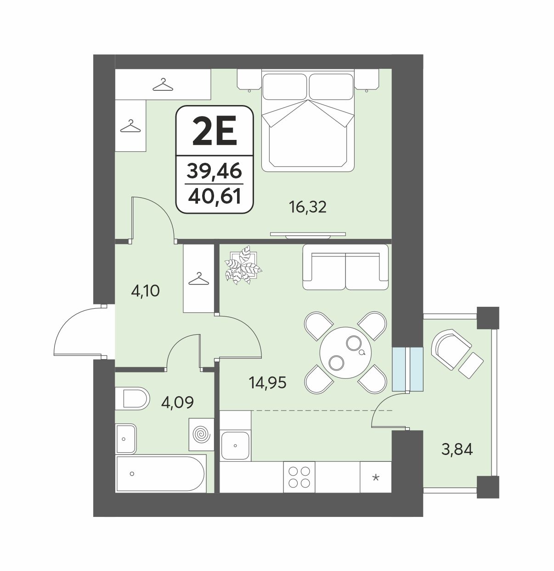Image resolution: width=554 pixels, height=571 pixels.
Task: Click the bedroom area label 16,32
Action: coord(308,207)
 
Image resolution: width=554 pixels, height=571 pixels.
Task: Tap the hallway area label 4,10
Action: coord(146,291)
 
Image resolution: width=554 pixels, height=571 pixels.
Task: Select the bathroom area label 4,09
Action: coord(177,402)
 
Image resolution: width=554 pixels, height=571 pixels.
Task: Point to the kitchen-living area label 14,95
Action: coord(267,383)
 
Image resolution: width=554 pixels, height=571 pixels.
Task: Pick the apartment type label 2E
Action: coord(215,131)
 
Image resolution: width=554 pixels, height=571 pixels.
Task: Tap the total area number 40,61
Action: coord(215,196)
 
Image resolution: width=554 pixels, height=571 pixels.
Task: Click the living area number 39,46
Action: coord(215,171)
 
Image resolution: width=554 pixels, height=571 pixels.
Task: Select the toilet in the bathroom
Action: coord(132,399)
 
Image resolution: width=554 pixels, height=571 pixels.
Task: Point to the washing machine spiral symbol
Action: coord(201,435)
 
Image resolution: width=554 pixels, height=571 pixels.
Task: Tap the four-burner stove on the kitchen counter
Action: coord(299,477)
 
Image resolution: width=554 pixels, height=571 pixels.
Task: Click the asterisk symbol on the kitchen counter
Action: coord(376,477)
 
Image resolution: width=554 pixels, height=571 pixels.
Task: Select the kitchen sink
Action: coord(235,445)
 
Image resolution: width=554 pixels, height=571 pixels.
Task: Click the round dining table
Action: coord(345,352)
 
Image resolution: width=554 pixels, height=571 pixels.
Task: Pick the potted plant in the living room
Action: coord(243,265)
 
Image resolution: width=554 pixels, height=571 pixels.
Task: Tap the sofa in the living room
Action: coord(345,267)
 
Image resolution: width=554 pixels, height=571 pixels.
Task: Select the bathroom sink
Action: coord(126,439)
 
